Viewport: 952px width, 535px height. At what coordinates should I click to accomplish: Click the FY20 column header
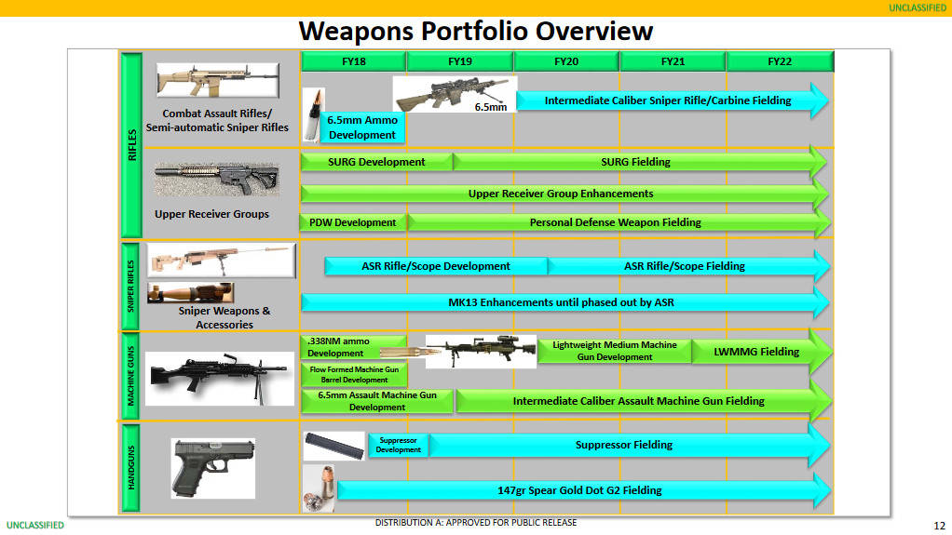pyautogui.click(x=566, y=61)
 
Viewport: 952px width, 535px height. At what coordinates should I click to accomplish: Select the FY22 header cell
pyautogui.click(x=780, y=61)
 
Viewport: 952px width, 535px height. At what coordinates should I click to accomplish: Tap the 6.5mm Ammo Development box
pyautogui.click(x=361, y=127)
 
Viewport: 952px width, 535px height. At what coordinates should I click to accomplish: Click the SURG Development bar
pyautogui.click(x=376, y=162)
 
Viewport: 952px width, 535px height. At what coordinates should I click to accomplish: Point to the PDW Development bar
pyautogui.click(x=353, y=222)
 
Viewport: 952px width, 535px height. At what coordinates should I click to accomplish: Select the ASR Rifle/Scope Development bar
pyautogui.click(x=435, y=266)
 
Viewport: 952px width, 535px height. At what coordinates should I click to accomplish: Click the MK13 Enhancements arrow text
pyautogui.click(x=561, y=302)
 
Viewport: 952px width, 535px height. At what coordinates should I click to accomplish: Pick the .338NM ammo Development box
pyautogui.click(x=353, y=347)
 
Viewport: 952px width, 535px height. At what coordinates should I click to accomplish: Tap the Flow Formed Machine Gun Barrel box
pyautogui.click(x=353, y=375)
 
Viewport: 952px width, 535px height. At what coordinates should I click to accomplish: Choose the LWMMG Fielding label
pyautogui.click(x=756, y=352)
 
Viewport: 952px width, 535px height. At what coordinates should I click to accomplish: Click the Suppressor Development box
pyautogui.click(x=398, y=445)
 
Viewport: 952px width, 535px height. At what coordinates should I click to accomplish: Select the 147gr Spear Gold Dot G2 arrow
pyautogui.click(x=579, y=490)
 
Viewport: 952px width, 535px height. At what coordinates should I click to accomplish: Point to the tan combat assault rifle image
pyautogui.click(x=217, y=80)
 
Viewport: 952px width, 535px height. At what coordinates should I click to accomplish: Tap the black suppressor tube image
pyautogui.click(x=333, y=445)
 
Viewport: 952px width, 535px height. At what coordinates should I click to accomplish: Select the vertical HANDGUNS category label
pyautogui.click(x=130, y=467)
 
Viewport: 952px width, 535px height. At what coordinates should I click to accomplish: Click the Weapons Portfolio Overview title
pyautogui.click(x=475, y=31)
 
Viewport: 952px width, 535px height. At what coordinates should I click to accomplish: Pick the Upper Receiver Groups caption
pyautogui.click(x=211, y=214)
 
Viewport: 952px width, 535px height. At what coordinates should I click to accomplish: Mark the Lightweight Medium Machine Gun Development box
pyautogui.click(x=614, y=351)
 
